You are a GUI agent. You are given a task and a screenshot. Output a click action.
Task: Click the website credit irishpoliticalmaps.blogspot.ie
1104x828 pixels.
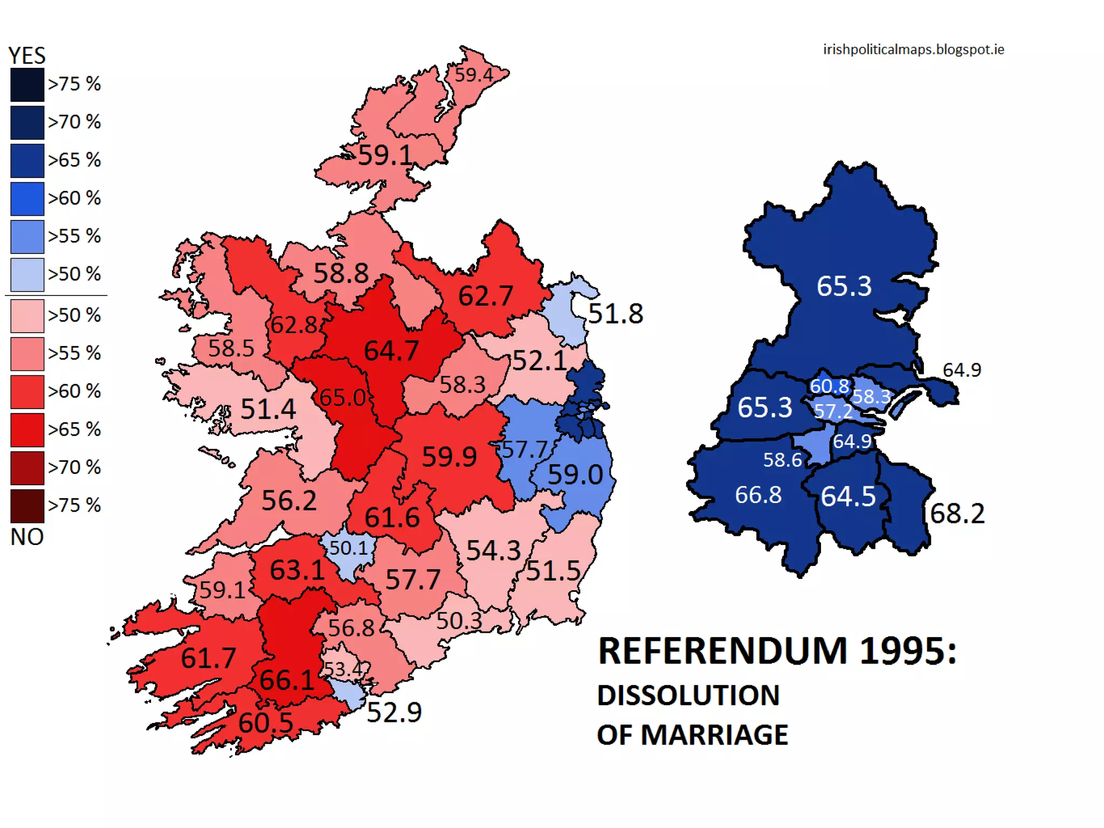click(913, 50)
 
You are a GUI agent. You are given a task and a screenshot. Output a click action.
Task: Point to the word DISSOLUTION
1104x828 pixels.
click(688, 695)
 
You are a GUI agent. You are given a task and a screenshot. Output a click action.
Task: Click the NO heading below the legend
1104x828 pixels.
click(27, 537)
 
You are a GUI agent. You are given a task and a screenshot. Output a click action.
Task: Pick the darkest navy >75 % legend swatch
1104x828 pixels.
click(27, 85)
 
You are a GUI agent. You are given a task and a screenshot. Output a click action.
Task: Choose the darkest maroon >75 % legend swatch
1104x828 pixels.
click(27, 506)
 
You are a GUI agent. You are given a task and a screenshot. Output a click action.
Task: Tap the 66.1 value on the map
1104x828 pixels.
click(287, 680)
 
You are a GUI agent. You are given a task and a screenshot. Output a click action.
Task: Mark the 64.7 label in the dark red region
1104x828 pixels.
click(391, 351)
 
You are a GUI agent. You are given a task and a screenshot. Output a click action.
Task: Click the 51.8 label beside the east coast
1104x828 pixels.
click(616, 314)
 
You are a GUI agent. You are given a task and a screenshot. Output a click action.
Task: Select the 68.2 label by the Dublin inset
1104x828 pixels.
click(957, 514)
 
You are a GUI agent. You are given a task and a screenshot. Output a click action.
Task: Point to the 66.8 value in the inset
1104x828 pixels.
click(758, 495)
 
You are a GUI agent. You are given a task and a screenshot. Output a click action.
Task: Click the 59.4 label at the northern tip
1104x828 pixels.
click(473, 75)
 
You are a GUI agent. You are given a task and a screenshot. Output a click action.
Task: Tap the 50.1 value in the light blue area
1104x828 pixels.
click(348, 548)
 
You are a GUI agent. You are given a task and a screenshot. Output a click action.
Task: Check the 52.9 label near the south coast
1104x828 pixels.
click(394, 713)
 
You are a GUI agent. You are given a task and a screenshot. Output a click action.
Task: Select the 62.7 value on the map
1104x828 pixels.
click(485, 296)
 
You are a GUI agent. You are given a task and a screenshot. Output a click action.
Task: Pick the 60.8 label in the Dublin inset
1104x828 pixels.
click(829, 386)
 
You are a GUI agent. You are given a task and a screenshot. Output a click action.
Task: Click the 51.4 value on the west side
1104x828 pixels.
click(268, 409)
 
